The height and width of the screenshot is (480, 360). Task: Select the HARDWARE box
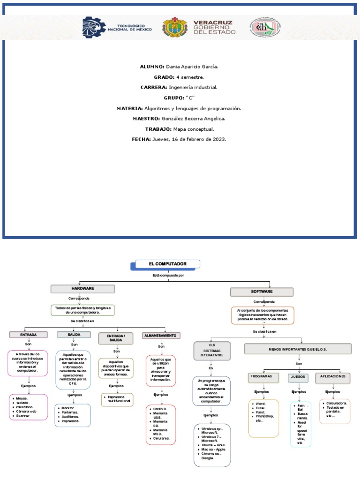pyautogui.click(x=83, y=289)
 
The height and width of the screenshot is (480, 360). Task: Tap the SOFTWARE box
pyautogui.click(x=262, y=292)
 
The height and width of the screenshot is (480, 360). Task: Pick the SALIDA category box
pyautogui.click(x=74, y=335)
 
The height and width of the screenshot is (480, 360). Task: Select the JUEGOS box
pyautogui.click(x=298, y=377)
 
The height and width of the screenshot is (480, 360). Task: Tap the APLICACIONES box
pyautogui.click(x=333, y=376)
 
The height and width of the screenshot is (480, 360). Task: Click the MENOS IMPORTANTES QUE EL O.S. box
pyautogui.click(x=298, y=349)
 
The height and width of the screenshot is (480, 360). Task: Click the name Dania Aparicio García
pyautogui.click(x=192, y=67)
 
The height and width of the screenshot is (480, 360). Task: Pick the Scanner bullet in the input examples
pyautogui.click(x=22, y=416)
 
